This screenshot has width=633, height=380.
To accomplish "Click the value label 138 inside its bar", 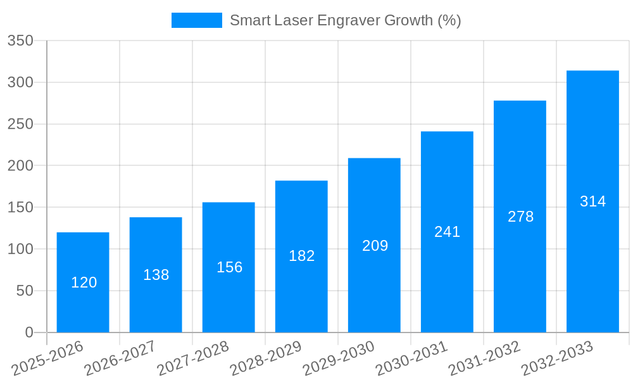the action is click(156, 275).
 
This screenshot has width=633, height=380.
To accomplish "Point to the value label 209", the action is click(375, 246).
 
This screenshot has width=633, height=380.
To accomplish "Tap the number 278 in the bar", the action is click(520, 217).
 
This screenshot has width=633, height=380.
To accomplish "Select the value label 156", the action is click(229, 267).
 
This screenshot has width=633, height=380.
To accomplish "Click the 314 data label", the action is click(592, 201).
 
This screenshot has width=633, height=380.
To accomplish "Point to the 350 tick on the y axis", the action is click(20, 41).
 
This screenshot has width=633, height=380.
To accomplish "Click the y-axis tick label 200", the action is click(20, 166).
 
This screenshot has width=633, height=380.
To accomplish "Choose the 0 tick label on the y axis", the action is click(29, 332).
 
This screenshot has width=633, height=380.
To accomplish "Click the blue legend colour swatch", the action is click(197, 20).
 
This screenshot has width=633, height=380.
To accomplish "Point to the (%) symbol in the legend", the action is click(449, 20).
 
